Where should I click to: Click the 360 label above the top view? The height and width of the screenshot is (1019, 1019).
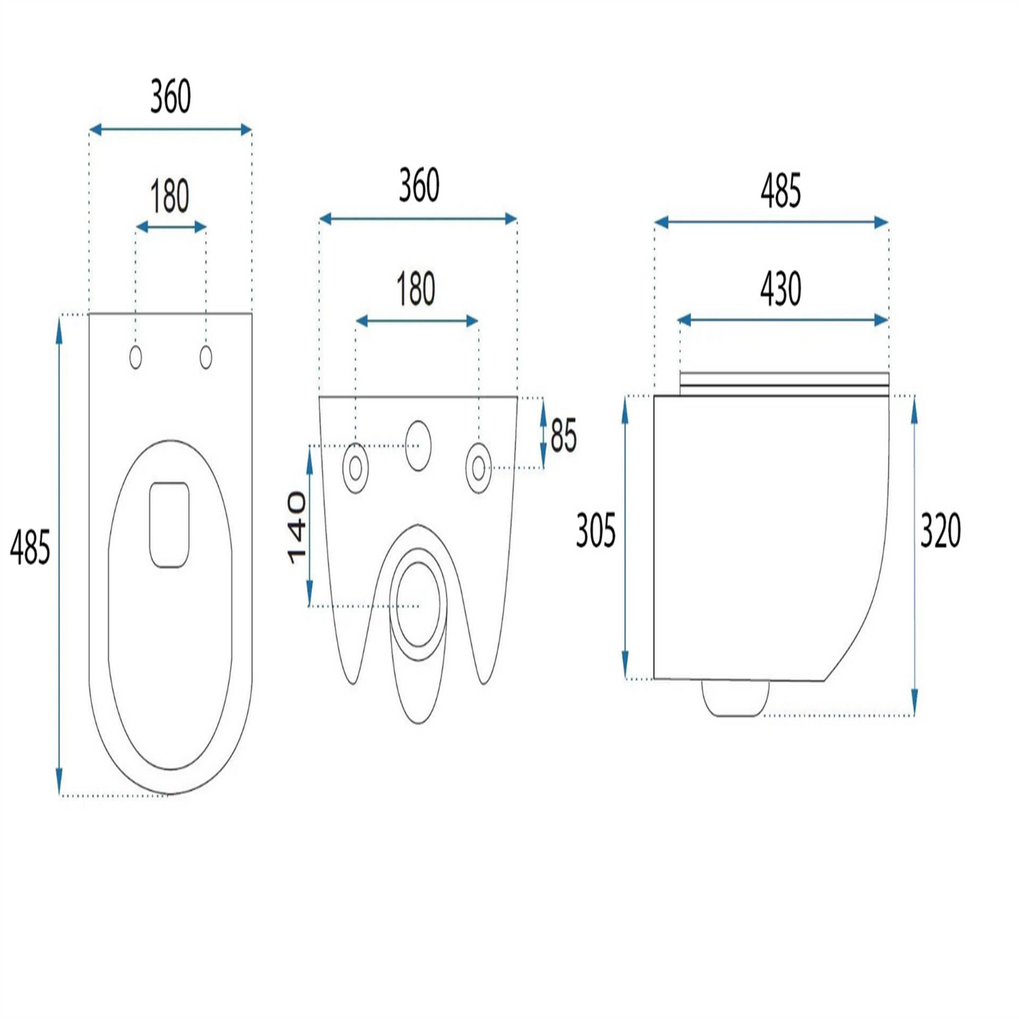click(170, 96)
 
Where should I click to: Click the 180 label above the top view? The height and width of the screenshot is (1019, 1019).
click(170, 196)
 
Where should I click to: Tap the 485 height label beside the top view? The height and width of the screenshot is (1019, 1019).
click(30, 547)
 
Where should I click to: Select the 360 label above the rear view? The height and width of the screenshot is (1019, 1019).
click(419, 185)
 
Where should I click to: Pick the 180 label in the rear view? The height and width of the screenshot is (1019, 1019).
click(416, 288)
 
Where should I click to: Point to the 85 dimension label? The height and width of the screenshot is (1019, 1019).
click(563, 436)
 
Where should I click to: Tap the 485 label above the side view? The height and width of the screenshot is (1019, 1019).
click(781, 191)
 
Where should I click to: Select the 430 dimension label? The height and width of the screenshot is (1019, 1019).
click(781, 289)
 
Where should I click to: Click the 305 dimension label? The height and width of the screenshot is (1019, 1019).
click(596, 531)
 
